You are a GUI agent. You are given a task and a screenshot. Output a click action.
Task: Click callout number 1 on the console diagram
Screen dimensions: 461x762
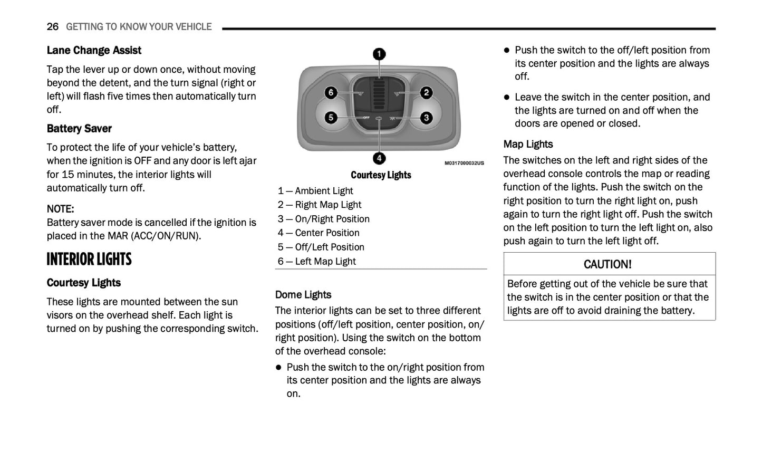(379, 54)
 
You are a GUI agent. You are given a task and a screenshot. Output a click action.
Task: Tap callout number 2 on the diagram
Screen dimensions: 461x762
(426, 93)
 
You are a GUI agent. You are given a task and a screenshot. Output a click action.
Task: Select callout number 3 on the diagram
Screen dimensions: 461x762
(426, 117)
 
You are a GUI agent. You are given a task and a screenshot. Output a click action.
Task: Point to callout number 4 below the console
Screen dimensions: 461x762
(379, 158)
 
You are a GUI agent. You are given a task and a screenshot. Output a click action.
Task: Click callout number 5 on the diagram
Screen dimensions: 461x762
(331, 117)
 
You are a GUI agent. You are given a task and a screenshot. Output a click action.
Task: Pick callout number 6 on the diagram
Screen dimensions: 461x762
(331, 93)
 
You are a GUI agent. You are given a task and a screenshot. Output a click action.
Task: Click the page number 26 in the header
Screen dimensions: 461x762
(52, 27)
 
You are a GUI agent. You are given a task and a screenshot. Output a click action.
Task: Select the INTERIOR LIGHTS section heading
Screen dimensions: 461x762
(89, 260)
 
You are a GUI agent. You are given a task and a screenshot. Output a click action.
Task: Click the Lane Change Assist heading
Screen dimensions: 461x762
(94, 51)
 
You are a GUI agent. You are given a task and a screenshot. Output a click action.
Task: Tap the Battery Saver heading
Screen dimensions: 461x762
(79, 129)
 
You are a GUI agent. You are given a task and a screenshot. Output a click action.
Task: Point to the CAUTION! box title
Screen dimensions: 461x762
(607, 264)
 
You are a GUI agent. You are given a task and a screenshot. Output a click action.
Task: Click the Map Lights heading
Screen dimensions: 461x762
(528, 145)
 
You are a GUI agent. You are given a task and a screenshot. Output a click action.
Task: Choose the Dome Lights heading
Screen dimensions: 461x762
(303, 295)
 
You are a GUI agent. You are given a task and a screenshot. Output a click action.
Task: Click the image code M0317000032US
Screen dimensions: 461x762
(464, 164)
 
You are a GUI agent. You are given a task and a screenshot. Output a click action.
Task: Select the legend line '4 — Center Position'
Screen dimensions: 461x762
(319, 233)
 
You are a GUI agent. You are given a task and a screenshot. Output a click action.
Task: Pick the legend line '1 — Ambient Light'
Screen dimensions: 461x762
(315, 191)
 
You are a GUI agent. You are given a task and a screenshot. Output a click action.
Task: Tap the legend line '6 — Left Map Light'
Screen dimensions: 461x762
(316, 262)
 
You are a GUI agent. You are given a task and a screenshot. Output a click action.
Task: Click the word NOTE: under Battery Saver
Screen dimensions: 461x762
(60, 209)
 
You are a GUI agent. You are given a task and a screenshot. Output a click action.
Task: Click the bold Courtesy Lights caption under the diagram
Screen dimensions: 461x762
(381, 175)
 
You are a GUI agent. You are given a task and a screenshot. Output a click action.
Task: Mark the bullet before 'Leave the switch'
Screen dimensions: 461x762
(507, 98)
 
